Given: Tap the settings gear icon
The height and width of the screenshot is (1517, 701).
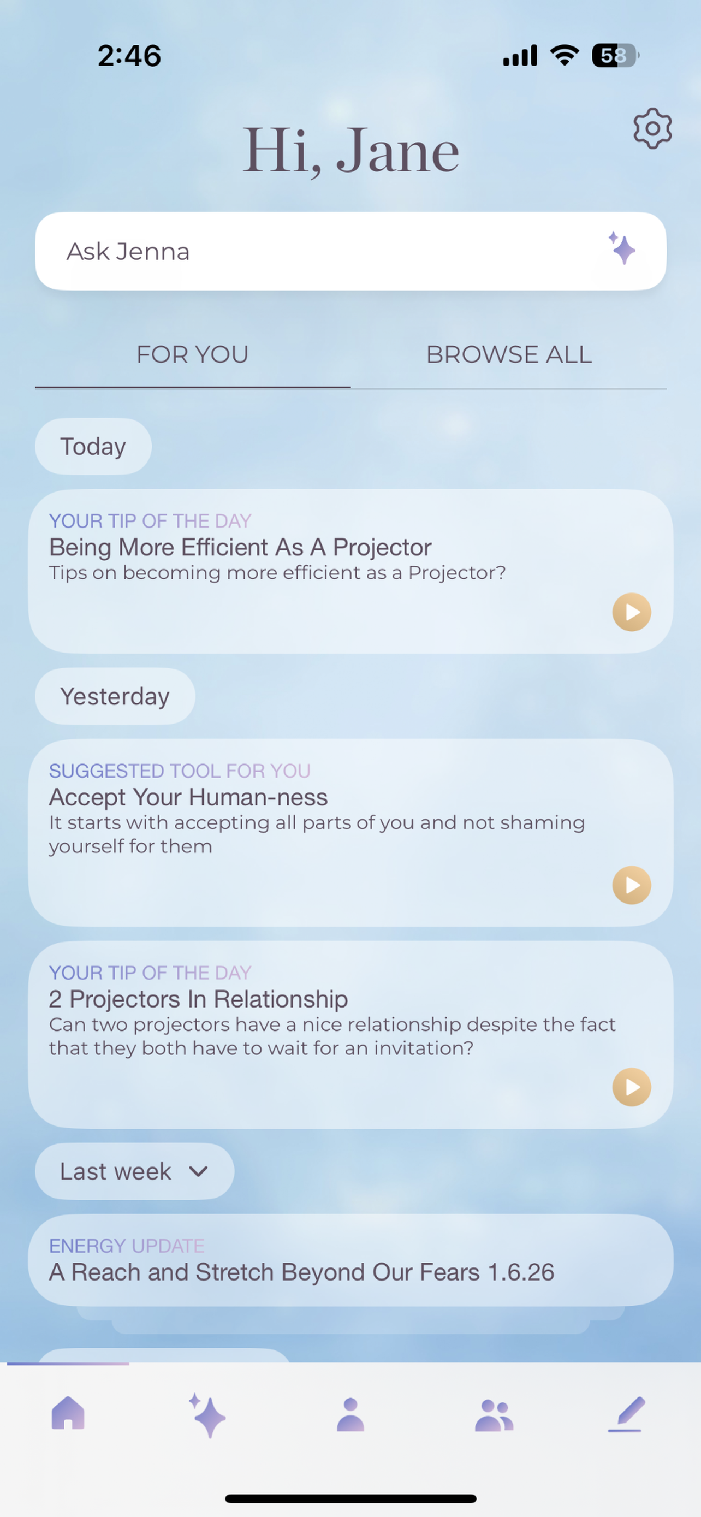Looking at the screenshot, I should point(652,128).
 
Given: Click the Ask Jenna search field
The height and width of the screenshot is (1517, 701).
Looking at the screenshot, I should point(318,251).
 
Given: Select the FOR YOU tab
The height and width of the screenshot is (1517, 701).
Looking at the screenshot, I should point(193,355).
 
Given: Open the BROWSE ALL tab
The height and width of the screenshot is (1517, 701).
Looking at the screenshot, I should point(508,355).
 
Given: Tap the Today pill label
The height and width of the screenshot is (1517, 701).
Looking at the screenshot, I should point(93,446).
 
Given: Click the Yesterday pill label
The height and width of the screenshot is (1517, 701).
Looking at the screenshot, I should point(115,696).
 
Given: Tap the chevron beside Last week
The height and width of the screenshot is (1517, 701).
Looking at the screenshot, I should point(199,1171).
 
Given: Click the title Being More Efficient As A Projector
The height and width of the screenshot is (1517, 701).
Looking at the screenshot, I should point(240,547).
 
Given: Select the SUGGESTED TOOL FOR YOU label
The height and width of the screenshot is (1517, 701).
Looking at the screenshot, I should point(180,771).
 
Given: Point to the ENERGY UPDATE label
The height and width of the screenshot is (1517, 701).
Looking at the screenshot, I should point(127,1246).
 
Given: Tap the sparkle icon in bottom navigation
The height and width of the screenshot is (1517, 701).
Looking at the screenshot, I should point(208,1415).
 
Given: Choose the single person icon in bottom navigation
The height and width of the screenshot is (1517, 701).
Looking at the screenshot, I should point(350,1414).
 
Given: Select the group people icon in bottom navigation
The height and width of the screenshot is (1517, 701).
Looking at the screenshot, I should point(494,1415).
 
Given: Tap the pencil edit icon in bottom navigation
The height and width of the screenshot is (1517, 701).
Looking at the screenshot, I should point(626,1414).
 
